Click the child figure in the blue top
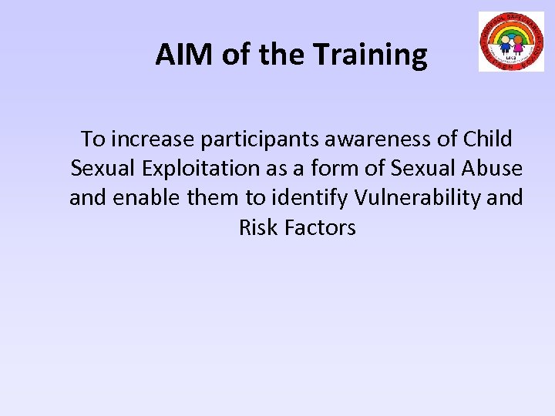[506, 43]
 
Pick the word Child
[488, 139]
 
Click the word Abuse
[495, 169]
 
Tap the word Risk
[255, 227]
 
